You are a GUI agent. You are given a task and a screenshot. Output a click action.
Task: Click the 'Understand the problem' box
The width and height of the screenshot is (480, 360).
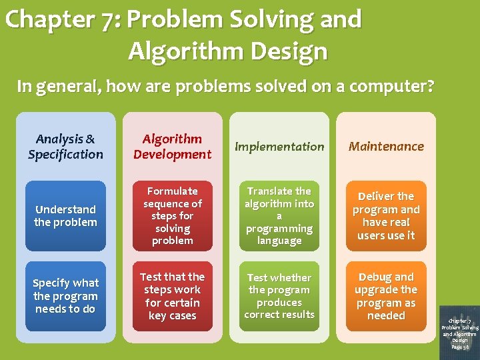[65, 216]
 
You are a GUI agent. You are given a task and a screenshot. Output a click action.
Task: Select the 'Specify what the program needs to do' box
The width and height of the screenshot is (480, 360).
[65, 296]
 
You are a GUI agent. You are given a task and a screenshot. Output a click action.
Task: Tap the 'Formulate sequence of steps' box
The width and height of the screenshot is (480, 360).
[172, 216]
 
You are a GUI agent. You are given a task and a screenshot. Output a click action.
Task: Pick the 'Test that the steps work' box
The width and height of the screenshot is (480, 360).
[172, 296]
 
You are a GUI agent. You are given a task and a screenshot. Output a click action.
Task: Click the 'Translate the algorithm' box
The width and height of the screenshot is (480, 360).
[279, 216]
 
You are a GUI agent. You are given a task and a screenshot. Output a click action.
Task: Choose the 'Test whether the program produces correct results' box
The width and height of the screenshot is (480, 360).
[279, 296]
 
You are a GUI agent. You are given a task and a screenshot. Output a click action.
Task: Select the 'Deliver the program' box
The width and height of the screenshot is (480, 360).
[386, 216]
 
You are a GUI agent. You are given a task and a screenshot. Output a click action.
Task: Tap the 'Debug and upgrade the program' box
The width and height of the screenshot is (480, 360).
[386, 296]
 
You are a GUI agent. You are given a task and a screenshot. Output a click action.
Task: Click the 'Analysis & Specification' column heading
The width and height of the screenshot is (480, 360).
[65, 147]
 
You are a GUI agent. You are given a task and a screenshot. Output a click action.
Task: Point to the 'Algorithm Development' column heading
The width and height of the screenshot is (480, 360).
[172, 147]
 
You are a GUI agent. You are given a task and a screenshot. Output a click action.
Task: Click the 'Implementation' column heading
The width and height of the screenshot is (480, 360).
[279, 147]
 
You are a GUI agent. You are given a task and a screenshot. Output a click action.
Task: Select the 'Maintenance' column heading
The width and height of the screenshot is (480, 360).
[386, 146]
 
